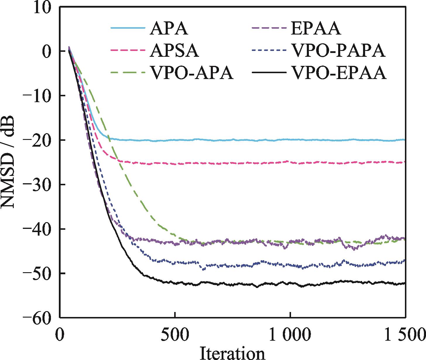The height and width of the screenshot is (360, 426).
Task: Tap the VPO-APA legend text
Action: click(192, 73)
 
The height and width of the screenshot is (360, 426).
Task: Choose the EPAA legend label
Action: click(316, 29)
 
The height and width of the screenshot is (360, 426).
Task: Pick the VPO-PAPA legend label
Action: click(338, 51)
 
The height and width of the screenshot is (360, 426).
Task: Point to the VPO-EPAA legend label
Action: click(339, 73)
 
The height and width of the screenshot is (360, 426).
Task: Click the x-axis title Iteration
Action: click(232, 353)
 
